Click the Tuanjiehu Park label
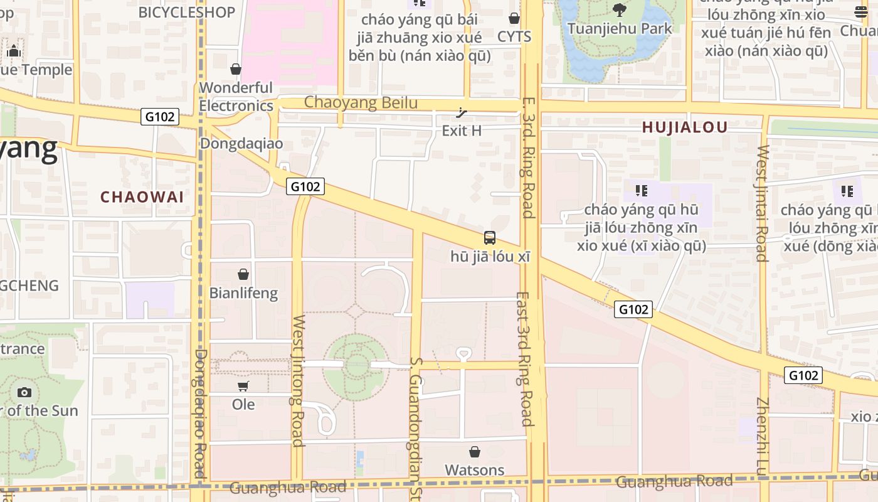point(620,29)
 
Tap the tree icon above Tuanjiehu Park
point(620,10)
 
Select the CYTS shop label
point(514,37)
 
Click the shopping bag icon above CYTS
point(514,19)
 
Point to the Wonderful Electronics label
point(236,97)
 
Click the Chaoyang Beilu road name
point(361,102)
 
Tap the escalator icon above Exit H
point(462,113)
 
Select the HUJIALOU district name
point(685,127)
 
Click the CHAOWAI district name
point(142,197)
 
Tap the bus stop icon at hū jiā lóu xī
point(490,238)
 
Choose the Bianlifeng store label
point(243,293)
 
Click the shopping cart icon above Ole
point(243,387)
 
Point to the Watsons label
point(475,470)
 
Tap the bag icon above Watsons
point(475,452)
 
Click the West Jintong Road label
point(298,380)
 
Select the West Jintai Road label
point(762,203)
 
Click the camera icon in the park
point(24,393)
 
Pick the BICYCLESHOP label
point(186,12)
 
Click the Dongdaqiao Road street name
point(200,414)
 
